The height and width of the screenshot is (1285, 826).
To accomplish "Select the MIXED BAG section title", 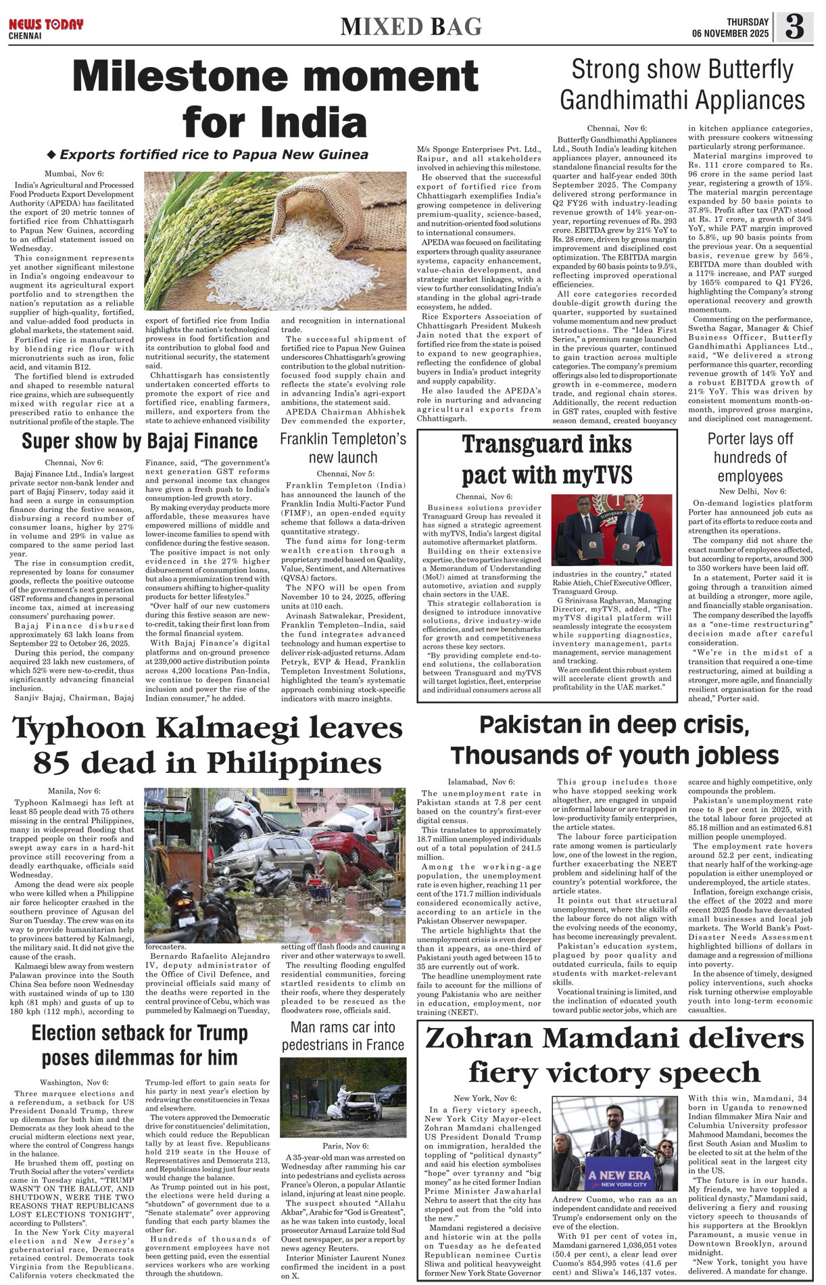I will tap(411, 26).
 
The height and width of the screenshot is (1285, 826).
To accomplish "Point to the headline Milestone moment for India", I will tap(275, 99).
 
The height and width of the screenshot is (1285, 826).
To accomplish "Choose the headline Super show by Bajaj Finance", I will tap(139, 442).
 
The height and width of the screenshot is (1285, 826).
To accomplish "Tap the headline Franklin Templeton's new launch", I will tap(343, 448).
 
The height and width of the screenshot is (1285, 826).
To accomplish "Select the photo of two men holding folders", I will tap(612, 529).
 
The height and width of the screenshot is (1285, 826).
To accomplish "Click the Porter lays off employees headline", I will tap(750, 457).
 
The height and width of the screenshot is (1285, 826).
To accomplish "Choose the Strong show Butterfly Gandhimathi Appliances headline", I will tap(682, 85).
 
